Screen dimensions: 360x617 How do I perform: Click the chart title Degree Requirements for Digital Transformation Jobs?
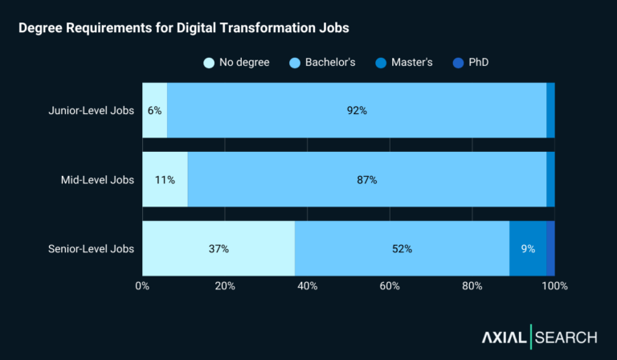pyautogui.click(x=184, y=28)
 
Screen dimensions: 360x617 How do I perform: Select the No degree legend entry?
pyautogui.click(x=237, y=62)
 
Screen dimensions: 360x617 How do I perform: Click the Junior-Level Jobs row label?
pyautogui.click(x=92, y=111)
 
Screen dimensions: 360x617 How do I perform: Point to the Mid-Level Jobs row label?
pyautogui.click(x=97, y=180)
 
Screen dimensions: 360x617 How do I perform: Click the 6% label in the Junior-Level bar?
pyautogui.click(x=154, y=111)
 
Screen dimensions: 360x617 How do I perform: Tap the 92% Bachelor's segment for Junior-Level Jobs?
pyautogui.click(x=357, y=111)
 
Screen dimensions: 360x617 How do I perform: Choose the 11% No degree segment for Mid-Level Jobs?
pyautogui.click(x=165, y=180)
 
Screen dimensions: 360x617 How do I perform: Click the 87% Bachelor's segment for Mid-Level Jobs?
pyautogui.click(x=366, y=180)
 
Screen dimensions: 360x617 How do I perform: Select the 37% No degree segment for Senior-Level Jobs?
pyautogui.click(x=219, y=249)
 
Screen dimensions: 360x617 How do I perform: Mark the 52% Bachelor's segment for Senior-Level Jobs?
pyautogui.click(x=402, y=249)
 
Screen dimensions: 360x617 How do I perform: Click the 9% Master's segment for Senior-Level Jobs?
pyautogui.click(x=528, y=249)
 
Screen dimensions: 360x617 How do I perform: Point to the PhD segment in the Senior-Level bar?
pyautogui.click(x=550, y=249)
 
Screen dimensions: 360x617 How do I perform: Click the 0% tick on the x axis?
pyautogui.click(x=142, y=286)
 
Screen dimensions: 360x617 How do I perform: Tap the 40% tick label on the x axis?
pyautogui.click(x=307, y=286)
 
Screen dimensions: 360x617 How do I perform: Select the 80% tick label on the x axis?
pyautogui.click(x=472, y=286)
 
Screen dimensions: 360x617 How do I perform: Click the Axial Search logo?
pyautogui.click(x=539, y=337)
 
